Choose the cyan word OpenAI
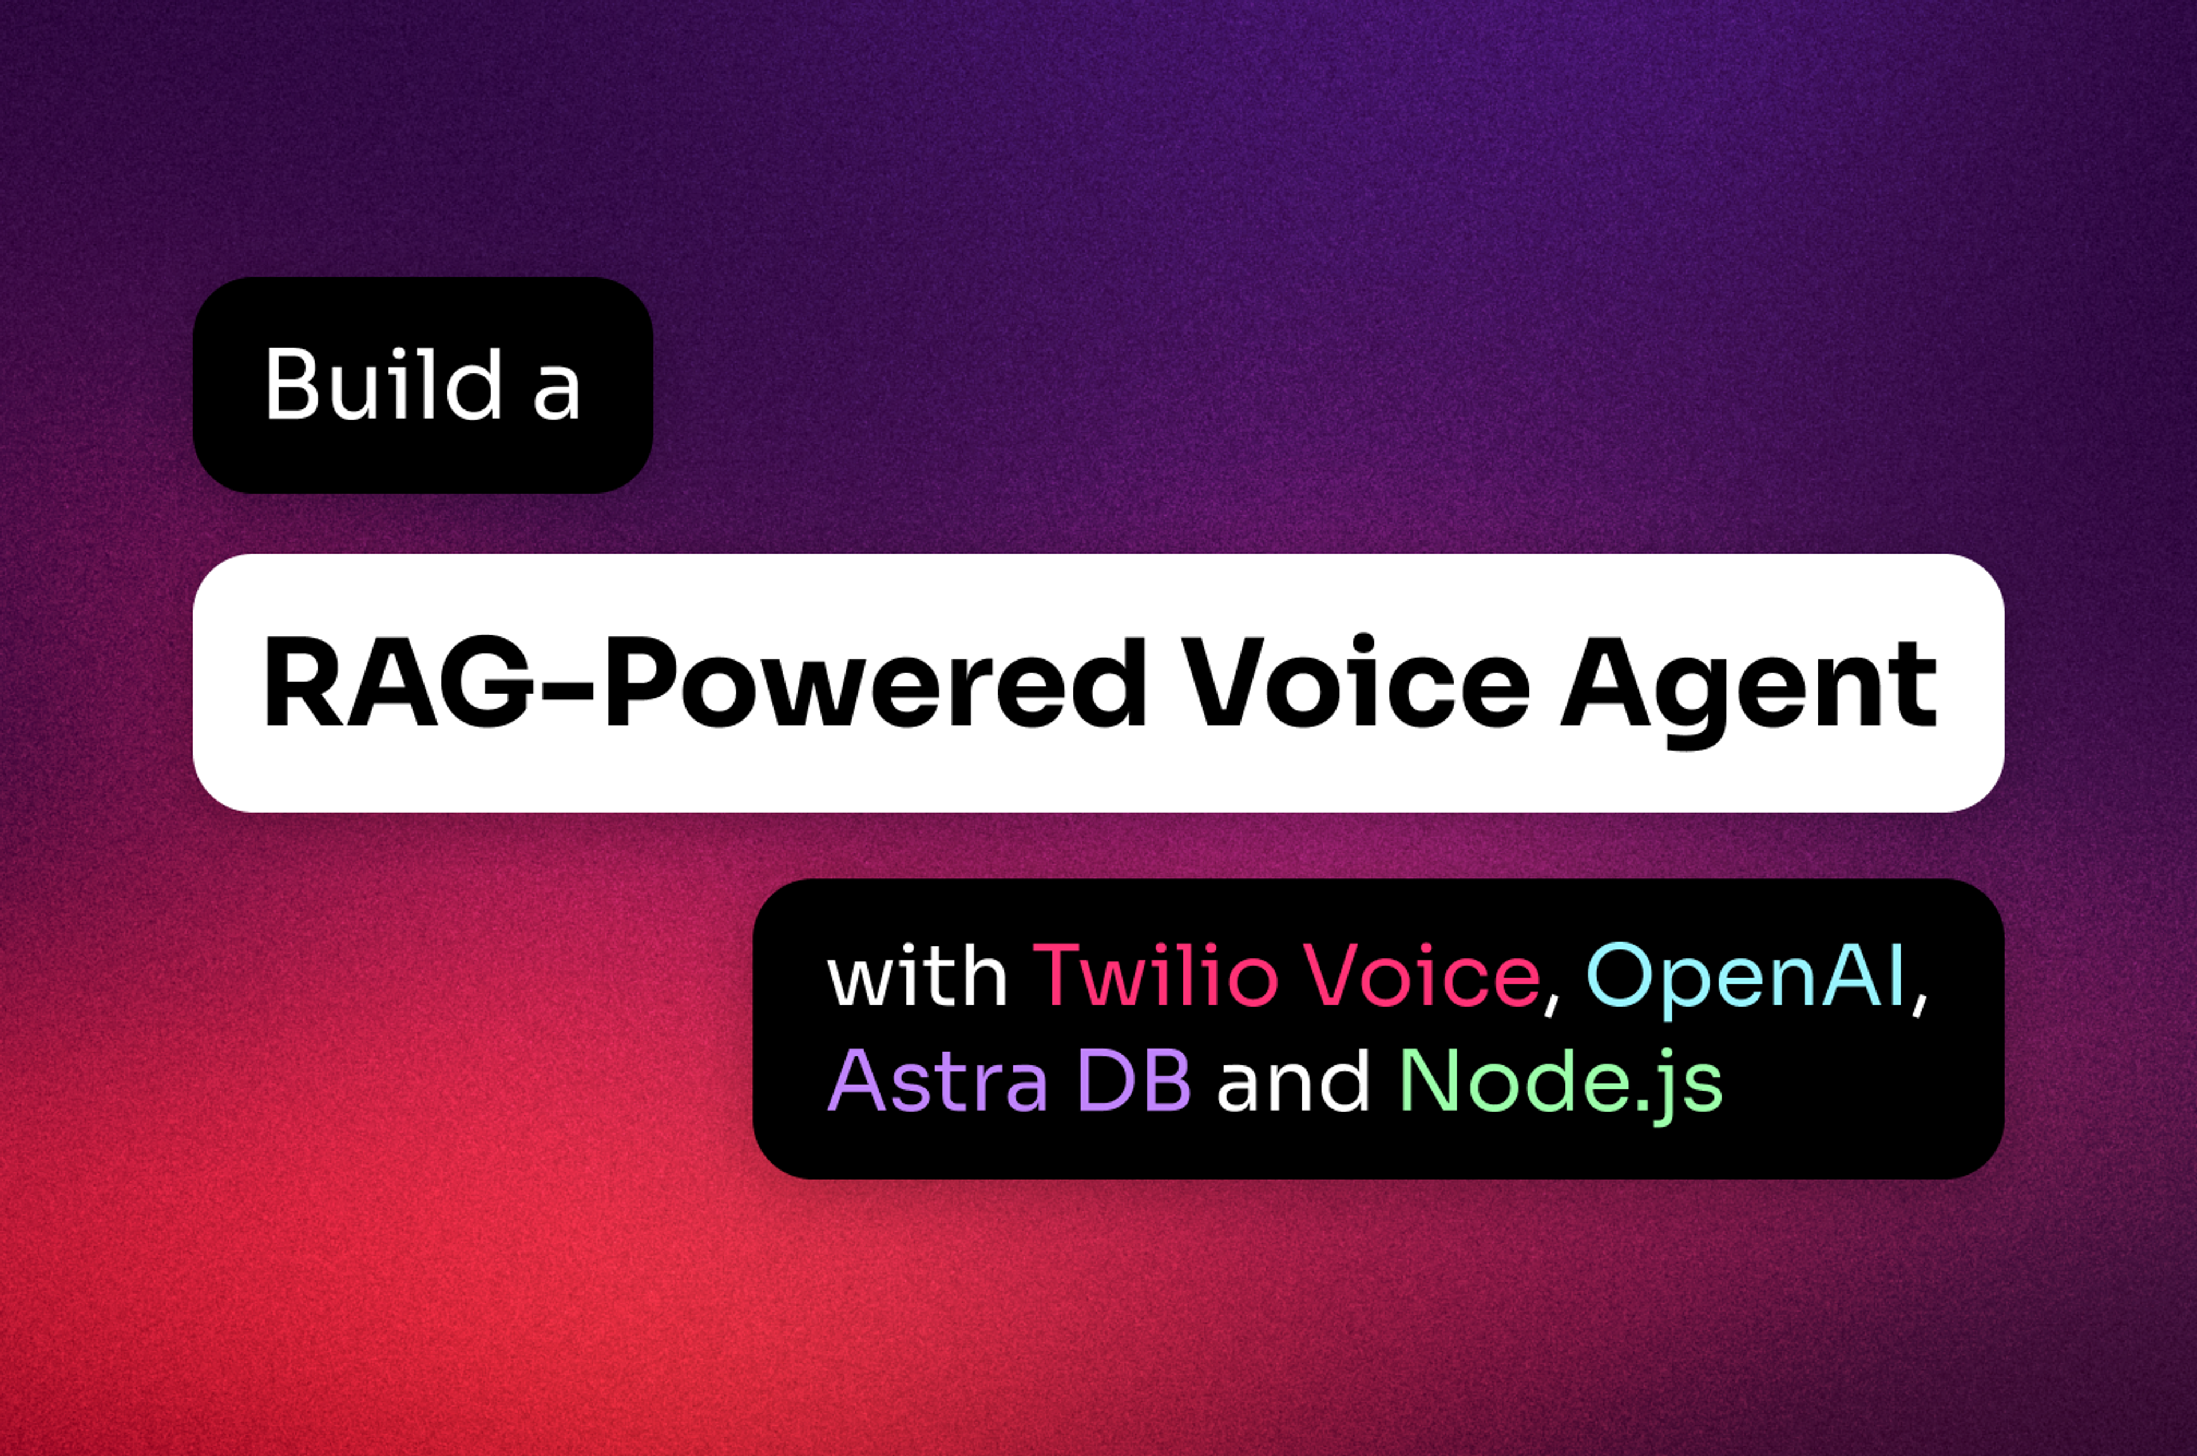click(1747, 977)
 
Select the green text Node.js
click(1561, 1083)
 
